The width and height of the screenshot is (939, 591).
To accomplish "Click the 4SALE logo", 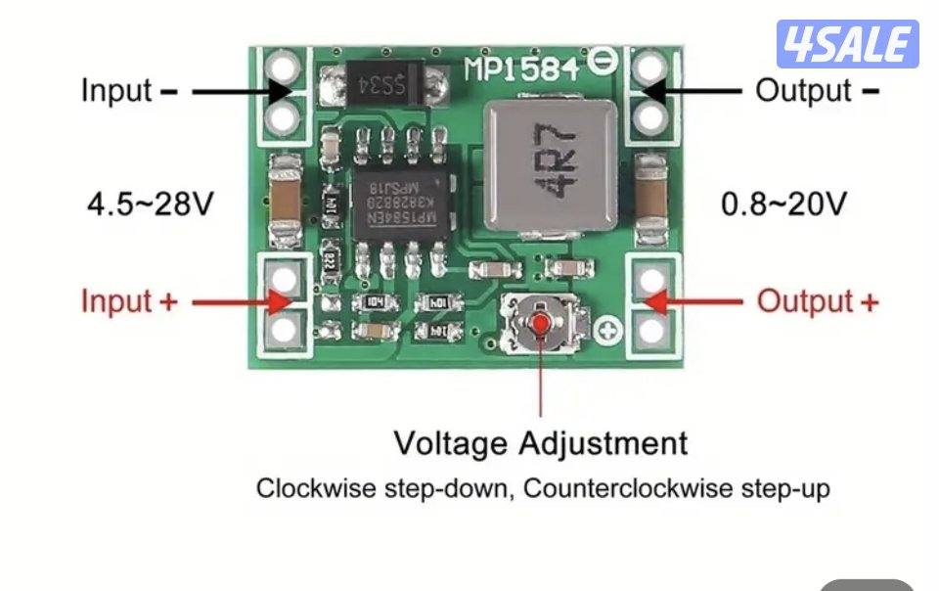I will pyautogui.click(x=847, y=44).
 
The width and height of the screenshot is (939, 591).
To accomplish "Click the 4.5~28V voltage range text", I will pyautogui.click(x=150, y=205).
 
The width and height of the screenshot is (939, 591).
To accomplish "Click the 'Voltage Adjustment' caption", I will pyautogui.click(x=541, y=443).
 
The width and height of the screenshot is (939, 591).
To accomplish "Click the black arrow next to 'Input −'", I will pyautogui.click(x=241, y=91).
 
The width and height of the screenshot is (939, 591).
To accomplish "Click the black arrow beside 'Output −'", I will pyautogui.click(x=693, y=91).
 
